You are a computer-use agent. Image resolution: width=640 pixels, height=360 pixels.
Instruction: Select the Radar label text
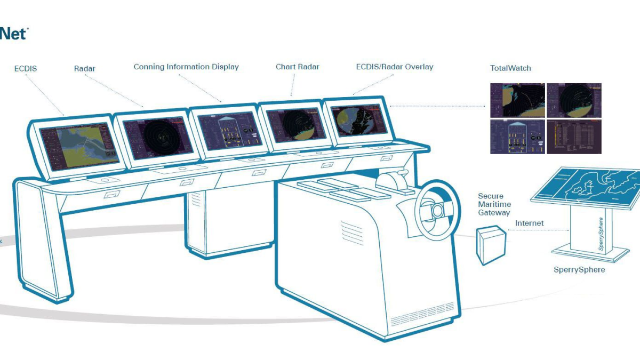point(85,69)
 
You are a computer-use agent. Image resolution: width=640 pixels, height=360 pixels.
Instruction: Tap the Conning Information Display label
point(186,67)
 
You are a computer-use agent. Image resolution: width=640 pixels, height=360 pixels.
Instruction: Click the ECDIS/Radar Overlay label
point(395,67)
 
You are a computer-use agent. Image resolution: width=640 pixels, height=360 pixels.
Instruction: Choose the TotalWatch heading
point(510,68)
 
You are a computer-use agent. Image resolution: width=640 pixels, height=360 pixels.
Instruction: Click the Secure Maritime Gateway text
point(494,205)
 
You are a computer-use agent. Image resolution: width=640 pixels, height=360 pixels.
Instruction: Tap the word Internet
point(530,223)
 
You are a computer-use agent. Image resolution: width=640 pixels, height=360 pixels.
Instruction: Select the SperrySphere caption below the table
point(579,270)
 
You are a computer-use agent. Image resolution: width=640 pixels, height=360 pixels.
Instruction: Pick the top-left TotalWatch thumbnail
point(517,100)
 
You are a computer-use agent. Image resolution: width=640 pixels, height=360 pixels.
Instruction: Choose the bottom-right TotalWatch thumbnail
point(574,137)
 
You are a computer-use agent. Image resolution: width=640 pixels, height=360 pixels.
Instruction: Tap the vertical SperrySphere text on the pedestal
point(601,235)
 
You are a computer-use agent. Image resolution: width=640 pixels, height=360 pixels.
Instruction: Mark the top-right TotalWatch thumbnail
point(574,100)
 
